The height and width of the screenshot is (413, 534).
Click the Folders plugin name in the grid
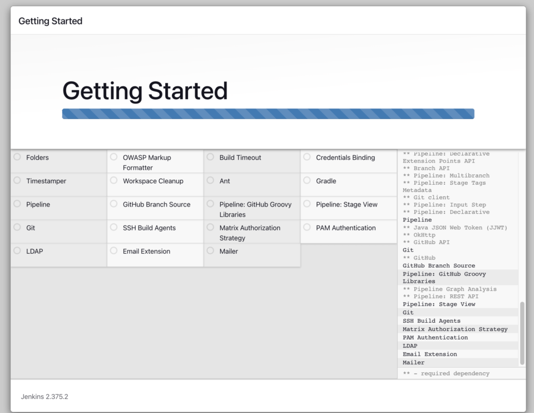[37, 158]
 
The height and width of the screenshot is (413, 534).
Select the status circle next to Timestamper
[17, 180]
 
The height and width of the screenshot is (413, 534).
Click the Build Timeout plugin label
[240, 158]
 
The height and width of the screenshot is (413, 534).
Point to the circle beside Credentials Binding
[306, 157]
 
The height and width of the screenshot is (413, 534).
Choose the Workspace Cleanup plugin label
[153, 181]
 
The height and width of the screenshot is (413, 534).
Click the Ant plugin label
[225, 181]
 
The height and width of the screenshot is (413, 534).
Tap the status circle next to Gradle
[306, 180]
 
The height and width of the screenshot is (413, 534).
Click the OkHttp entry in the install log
[422, 235]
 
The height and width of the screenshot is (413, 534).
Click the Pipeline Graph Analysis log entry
[449, 289]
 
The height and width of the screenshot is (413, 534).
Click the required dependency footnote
[446, 373]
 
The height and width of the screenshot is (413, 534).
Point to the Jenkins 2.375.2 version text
[44, 397]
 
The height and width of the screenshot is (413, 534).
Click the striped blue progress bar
[268, 114]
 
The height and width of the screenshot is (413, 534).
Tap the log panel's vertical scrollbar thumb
[522, 333]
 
